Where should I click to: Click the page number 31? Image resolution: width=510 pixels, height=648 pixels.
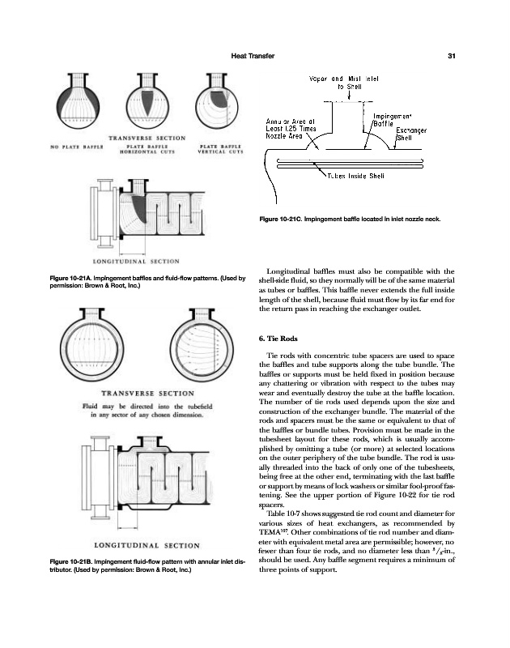tap(453, 55)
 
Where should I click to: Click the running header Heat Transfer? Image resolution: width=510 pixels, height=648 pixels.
tap(253, 55)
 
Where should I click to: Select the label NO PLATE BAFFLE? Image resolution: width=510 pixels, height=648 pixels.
tap(78, 147)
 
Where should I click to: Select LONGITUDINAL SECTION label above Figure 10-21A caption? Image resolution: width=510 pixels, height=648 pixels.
tap(135, 262)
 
